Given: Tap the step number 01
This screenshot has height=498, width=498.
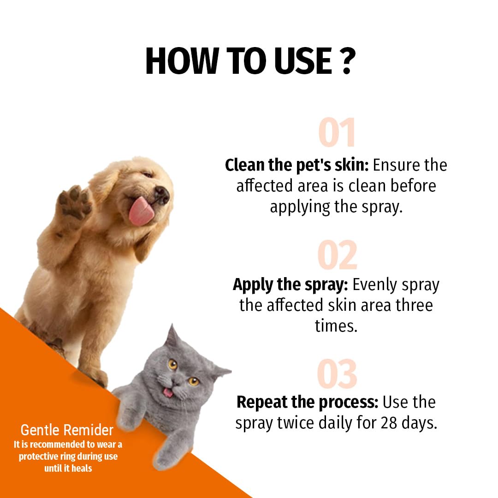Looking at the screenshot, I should click(x=337, y=133).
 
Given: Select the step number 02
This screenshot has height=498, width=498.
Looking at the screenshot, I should click(x=337, y=255).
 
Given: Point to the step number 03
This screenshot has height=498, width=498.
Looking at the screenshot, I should click(x=337, y=374).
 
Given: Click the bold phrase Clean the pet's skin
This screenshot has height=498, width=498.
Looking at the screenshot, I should click(x=297, y=165).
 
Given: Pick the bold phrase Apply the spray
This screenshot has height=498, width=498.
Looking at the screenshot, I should click(x=290, y=285).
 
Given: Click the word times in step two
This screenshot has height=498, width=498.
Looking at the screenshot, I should click(x=336, y=326).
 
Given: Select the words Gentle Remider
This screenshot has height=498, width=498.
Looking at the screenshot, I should click(x=67, y=430).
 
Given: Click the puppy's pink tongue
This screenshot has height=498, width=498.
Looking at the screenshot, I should click(x=139, y=211).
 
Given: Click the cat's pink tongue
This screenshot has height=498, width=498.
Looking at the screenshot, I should click(x=168, y=393).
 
